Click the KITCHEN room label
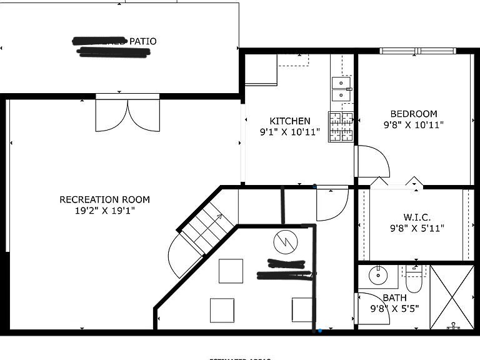[289, 121]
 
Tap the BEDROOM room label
[414, 114]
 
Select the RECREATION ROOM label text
[104, 200]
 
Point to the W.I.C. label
[416, 217]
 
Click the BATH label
[394, 297]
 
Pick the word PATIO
[142, 41]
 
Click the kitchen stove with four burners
[341, 127]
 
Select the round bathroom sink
[378, 274]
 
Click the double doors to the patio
[127, 115]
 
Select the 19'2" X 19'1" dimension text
[104, 211]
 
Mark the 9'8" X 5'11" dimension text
[416, 228]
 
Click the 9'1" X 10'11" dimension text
[289, 132]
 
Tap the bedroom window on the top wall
[418, 51]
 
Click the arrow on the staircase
[219, 216]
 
